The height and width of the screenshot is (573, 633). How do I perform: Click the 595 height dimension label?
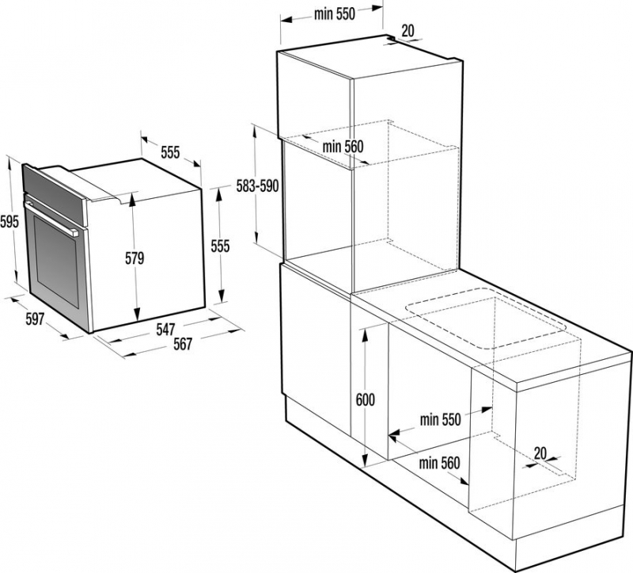9,222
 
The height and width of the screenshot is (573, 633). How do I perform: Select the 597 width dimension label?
35,319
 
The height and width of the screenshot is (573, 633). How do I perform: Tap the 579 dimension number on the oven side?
135,258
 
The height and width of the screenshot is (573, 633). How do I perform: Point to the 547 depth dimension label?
166,329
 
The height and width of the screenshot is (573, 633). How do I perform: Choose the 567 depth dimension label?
183,344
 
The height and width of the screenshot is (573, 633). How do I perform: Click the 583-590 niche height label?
258,186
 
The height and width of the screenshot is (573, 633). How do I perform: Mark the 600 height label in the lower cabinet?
366,399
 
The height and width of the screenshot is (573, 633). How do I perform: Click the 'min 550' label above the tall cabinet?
335,14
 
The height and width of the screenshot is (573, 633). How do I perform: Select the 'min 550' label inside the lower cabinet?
440,420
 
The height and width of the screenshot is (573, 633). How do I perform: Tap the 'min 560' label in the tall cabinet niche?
343,147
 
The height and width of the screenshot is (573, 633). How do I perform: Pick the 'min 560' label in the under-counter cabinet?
439,463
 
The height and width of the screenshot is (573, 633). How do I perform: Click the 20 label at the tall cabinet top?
408,31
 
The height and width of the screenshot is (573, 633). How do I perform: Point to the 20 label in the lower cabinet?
540,453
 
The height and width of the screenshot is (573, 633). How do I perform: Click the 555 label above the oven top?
170,152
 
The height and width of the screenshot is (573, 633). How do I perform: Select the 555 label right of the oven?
221,246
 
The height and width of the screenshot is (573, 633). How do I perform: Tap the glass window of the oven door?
56,261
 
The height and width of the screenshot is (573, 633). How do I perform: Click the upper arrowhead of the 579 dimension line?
132,199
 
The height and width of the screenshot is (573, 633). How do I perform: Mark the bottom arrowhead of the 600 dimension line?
365,460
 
